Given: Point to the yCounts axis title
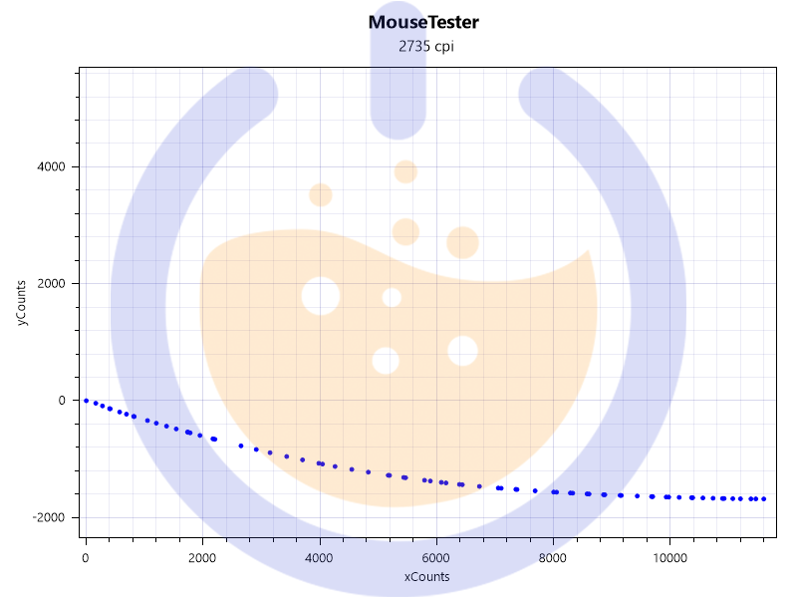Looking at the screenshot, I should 21,304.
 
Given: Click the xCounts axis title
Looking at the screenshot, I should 426,577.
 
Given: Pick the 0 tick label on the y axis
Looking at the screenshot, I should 63,401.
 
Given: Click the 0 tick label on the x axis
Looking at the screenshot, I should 86,558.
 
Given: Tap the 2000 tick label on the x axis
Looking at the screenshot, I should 202,558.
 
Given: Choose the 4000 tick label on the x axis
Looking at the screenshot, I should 319,558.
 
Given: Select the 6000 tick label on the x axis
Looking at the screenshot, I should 435,558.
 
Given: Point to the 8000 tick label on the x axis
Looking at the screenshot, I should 552,558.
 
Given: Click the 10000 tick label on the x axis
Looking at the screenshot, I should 668,558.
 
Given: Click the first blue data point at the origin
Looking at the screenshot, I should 86,400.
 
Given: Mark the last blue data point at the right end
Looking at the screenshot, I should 764,498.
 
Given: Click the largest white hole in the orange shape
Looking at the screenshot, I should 320,296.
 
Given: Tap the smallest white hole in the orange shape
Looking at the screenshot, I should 392,297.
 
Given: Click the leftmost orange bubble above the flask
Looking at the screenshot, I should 320,194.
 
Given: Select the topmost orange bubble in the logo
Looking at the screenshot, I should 405,171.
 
